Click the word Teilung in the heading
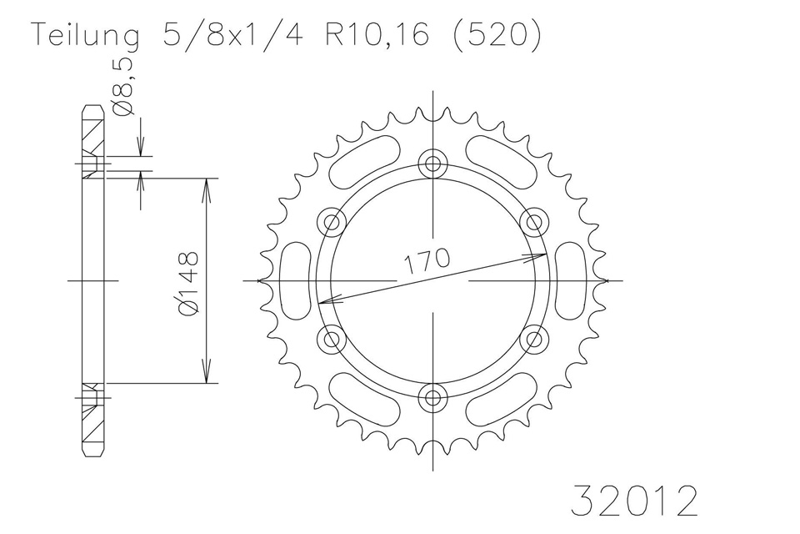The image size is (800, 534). tap(86, 36)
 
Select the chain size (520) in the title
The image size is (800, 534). tap(496, 36)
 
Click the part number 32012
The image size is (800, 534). tap(634, 501)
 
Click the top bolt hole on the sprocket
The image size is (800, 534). tap(432, 164)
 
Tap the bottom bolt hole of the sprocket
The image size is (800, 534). tap(432, 397)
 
